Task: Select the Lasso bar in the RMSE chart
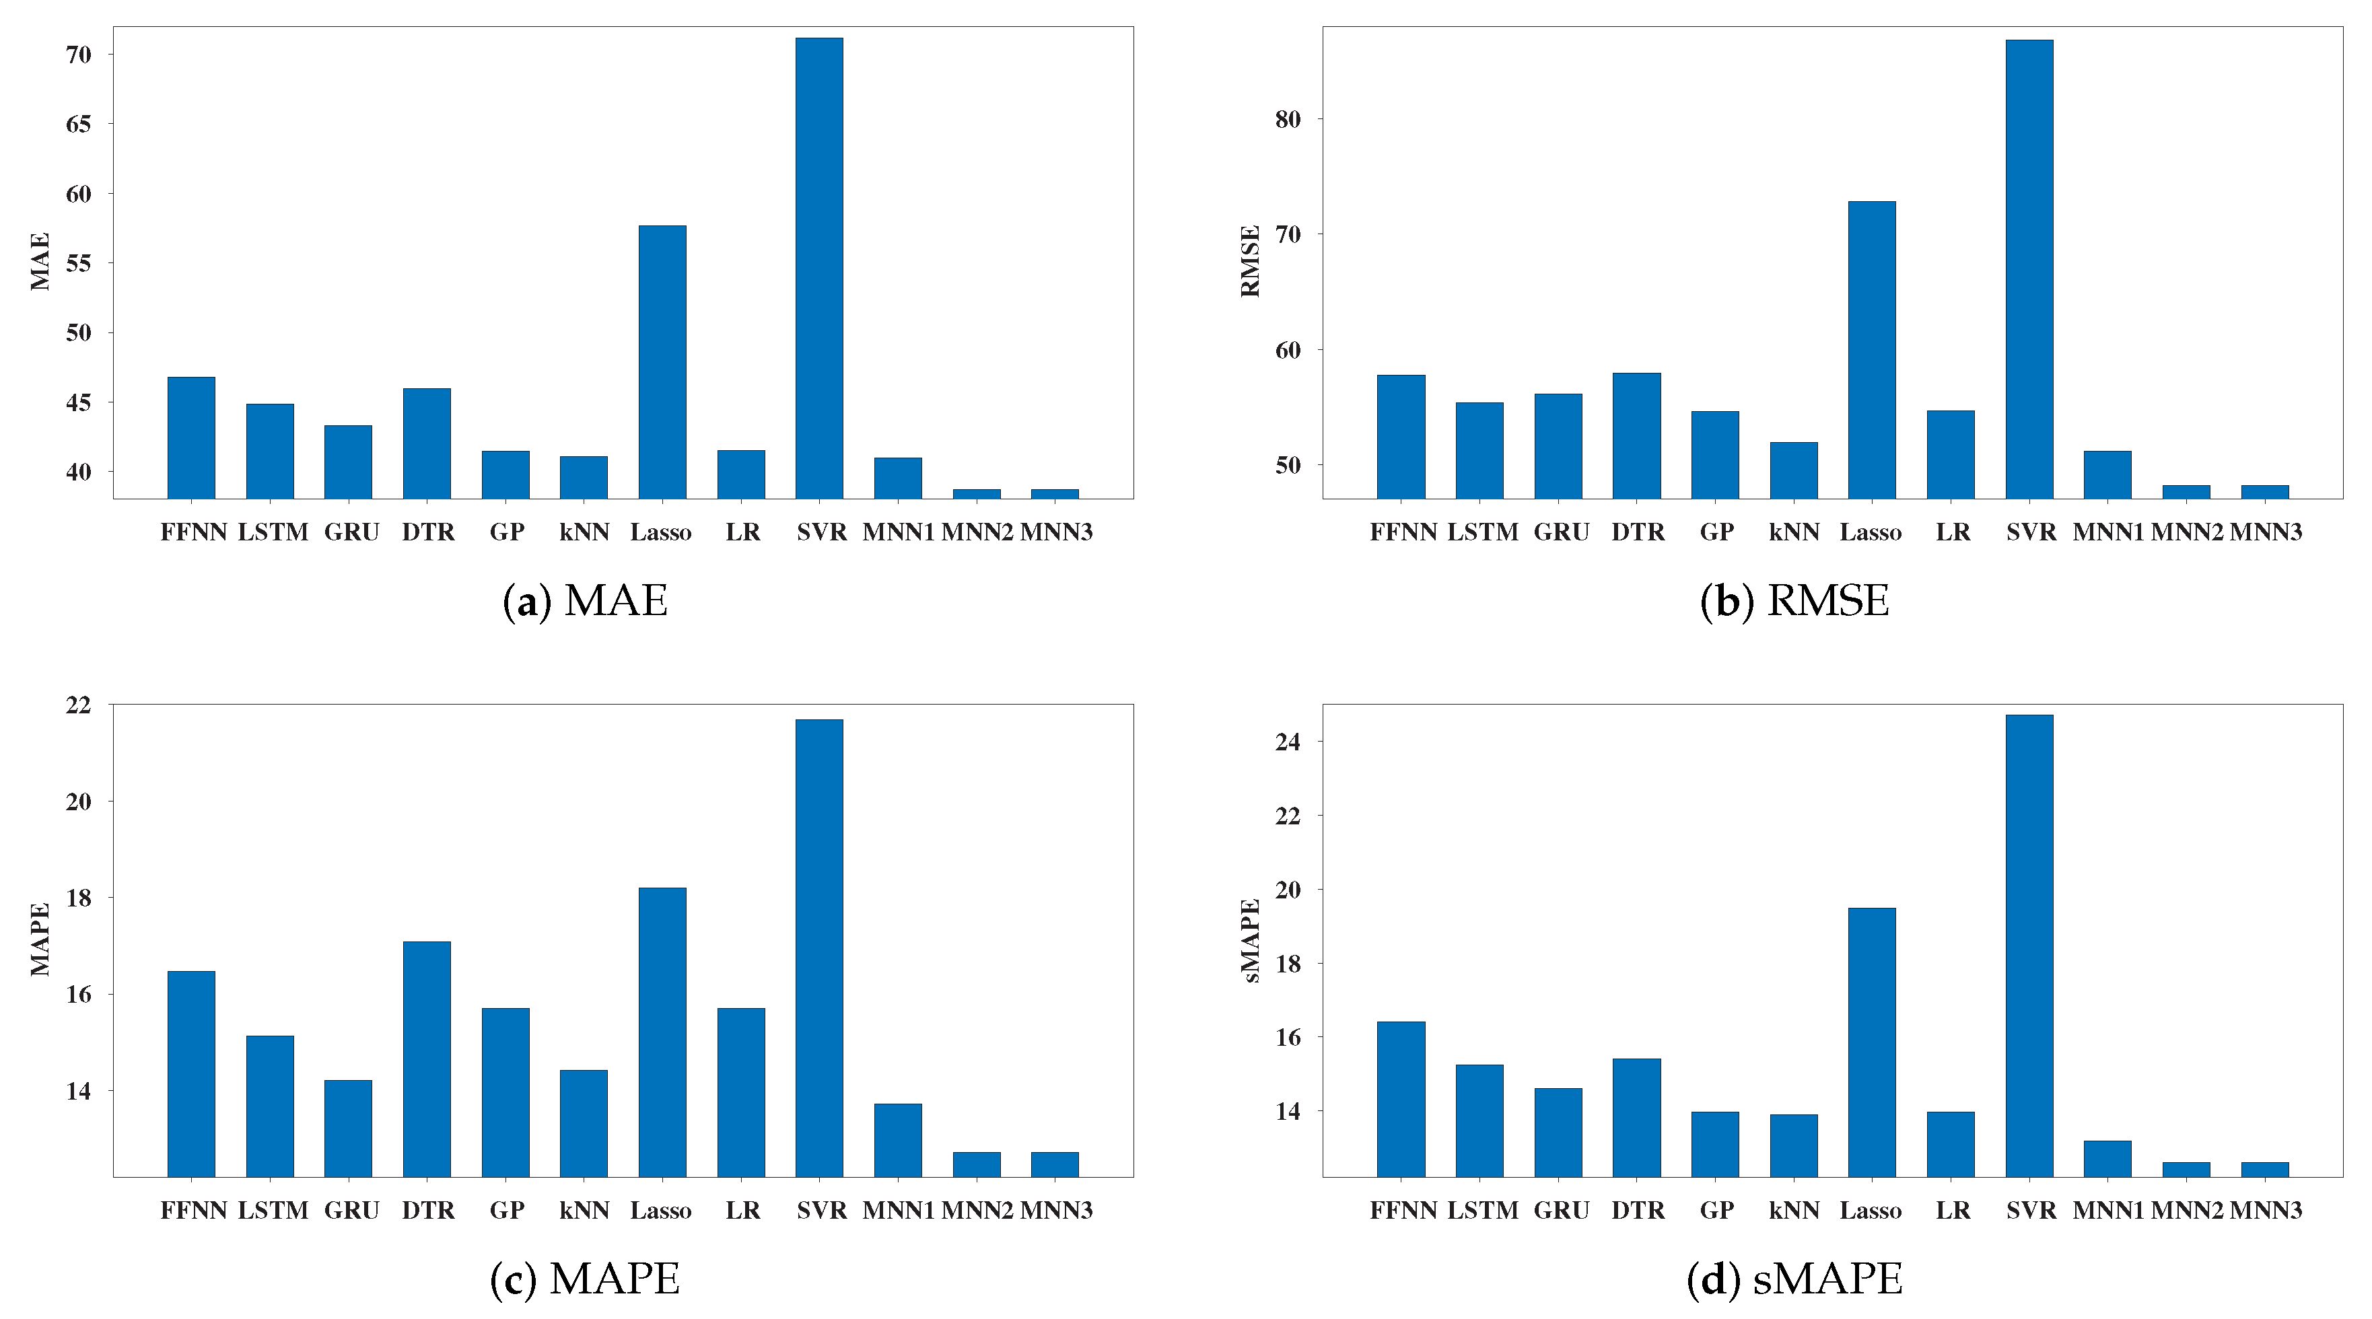pyautogui.click(x=1871, y=350)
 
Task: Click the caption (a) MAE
pyautogui.click(x=585, y=601)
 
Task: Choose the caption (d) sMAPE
pyautogui.click(x=1794, y=1279)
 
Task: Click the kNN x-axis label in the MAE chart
pyautogui.click(x=584, y=532)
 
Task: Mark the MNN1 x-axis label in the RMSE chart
pyautogui.click(x=2107, y=532)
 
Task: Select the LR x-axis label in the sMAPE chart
pyautogui.click(x=1952, y=1211)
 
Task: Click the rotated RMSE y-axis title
pyautogui.click(x=1249, y=261)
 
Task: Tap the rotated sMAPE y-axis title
pyautogui.click(x=1249, y=941)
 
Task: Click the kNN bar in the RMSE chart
pyautogui.click(x=1793, y=470)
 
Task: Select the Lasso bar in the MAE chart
pyautogui.click(x=662, y=362)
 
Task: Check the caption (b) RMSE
pyautogui.click(x=1794, y=601)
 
